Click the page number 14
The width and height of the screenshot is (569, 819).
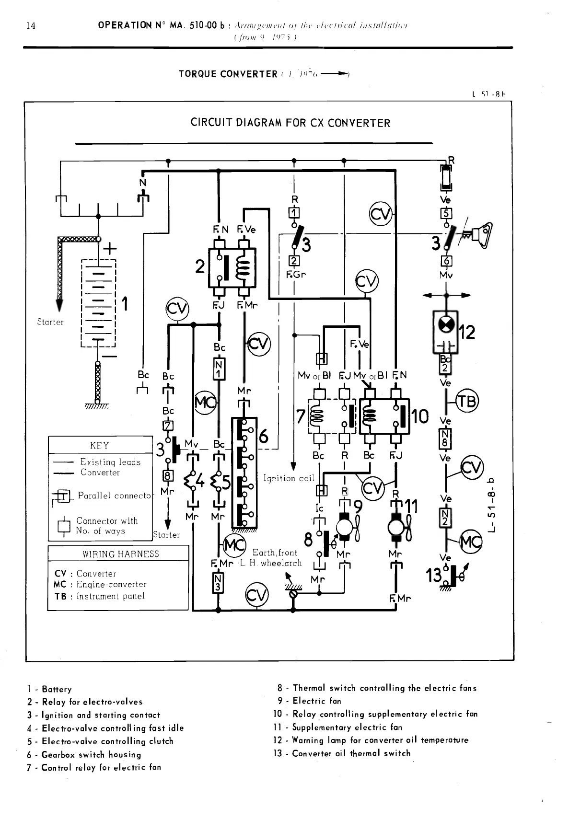(31, 25)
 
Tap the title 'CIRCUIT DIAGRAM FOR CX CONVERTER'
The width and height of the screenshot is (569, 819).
(290, 123)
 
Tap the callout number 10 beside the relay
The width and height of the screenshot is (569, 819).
(420, 416)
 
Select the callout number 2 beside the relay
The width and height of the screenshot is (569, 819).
(200, 266)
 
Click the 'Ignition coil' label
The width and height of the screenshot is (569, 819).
(289, 478)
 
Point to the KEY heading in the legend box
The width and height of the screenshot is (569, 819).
(99, 446)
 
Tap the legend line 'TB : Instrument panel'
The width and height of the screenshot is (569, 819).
(99, 596)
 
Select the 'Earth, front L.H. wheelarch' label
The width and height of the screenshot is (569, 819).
(276, 558)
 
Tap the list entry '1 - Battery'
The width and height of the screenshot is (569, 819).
(49, 689)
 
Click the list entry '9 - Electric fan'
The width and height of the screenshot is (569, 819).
(309, 701)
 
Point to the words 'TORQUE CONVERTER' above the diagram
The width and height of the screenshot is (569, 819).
(228, 74)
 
